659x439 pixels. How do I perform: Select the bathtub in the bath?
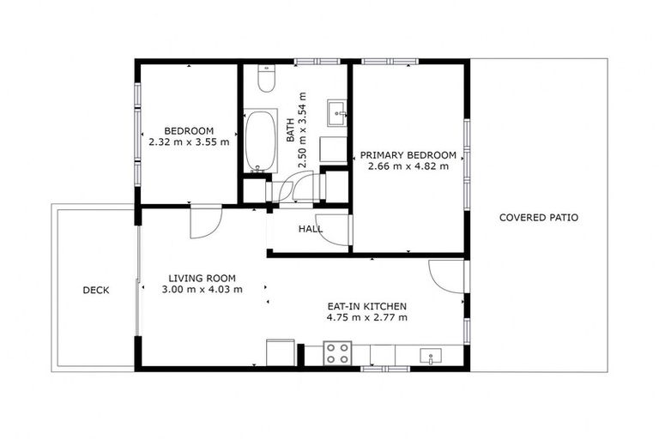click(260, 140)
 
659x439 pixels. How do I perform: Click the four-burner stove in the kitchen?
click(337, 353)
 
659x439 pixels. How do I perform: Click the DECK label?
click(95, 290)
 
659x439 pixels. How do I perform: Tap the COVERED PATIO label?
click(539, 218)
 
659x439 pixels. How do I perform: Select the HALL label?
click(311, 229)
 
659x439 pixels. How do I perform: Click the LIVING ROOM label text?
click(202, 278)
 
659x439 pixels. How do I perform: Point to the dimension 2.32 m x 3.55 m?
click(189, 142)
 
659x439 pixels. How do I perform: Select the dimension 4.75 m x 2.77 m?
click(366, 317)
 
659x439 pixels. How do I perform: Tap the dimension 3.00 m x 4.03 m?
click(202, 289)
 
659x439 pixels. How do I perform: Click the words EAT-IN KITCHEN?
click(366, 306)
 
